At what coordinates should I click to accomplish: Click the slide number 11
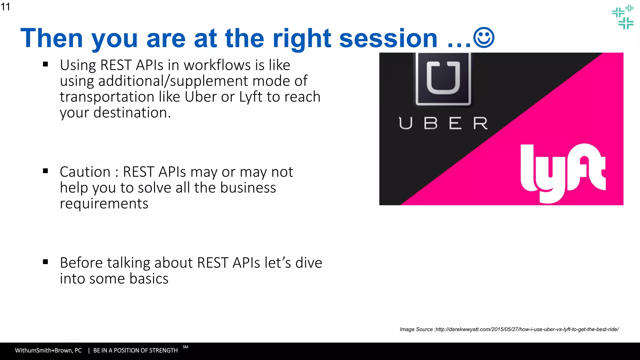[x=5, y=7]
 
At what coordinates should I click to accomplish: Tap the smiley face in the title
[x=484, y=38]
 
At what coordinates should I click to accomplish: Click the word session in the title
[x=388, y=38]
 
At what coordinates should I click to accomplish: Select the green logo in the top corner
[x=623, y=17]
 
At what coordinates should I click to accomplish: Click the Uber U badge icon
[x=443, y=79]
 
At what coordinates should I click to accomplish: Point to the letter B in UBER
[x=431, y=123]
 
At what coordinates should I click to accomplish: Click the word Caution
[x=85, y=172]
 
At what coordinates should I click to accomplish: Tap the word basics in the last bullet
[x=149, y=279]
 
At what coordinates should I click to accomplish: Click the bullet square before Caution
[x=46, y=171]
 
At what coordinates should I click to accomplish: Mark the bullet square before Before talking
[x=46, y=262]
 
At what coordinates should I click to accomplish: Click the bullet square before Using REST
[x=46, y=64]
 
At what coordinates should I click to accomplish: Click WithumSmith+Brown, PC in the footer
[x=48, y=351]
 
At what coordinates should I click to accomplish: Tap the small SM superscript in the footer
[x=185, y=347]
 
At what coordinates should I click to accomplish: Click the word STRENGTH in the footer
[x=164, y=351]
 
